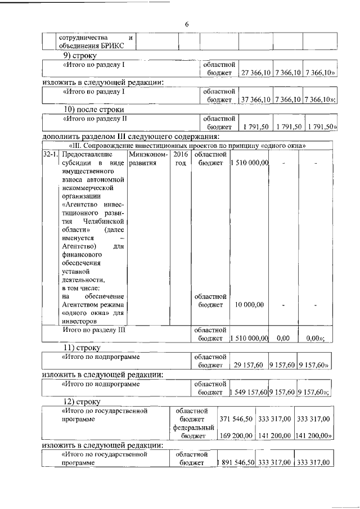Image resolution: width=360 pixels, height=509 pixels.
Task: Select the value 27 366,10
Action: click(x=256, y=73)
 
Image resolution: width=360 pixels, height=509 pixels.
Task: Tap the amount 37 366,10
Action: click(x=256, y=100)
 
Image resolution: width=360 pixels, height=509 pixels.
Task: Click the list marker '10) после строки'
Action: click(x=93, y=109)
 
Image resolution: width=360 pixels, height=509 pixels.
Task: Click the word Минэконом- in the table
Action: click(x=148, y=154)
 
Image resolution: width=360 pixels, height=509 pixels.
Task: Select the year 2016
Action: click(x=181, y=154)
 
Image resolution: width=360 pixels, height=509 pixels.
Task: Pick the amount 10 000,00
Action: click(x=250, y=304)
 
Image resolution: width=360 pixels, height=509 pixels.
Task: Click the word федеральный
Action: click(x=192, y=427)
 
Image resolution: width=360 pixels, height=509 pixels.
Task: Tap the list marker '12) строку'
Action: click(x=82, y=402)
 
